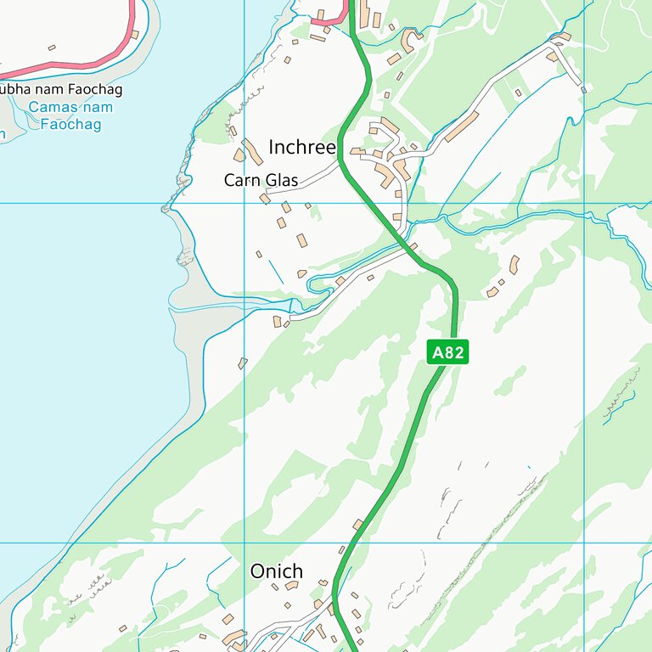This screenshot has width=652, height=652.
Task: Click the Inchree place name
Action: click(x=303, y=147)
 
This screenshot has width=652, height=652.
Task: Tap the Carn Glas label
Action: click(x=261, y=180)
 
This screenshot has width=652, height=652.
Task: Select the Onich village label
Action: click(x=276, y=571)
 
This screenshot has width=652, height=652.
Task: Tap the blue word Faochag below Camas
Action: click(x=70, y=125)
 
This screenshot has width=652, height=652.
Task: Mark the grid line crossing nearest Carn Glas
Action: click(x=244, y=204)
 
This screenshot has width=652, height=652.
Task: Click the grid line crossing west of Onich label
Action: click(x=244, y=542)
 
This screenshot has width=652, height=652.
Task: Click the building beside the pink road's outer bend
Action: click(x=134, y=35)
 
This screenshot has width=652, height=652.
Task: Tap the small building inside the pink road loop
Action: click(x=52, y=48)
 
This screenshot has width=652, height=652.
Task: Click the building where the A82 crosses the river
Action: click(x=413, y=247)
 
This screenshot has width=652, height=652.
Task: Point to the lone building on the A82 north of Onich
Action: click(x=357, y=525)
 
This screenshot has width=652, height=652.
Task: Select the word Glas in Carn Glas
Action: click(x=282, y=180)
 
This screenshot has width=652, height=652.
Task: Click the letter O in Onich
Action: click(x=257, y=571)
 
